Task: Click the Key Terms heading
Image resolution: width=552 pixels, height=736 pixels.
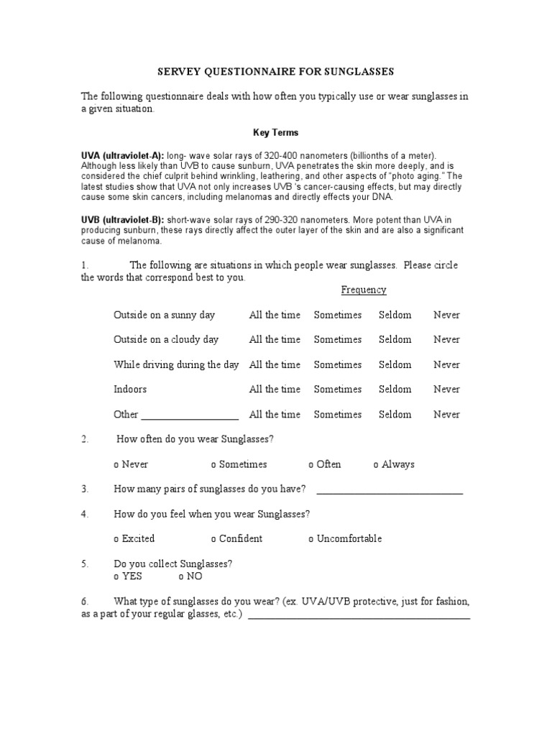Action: tap(275, 133)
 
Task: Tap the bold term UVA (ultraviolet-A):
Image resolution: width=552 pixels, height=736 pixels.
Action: tap(122, 155)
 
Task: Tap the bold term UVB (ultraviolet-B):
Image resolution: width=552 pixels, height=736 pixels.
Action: tap(122, 219)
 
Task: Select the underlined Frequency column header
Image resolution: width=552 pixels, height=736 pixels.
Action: tap(363, 290)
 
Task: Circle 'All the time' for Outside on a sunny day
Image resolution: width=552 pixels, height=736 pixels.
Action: tap(275, 315)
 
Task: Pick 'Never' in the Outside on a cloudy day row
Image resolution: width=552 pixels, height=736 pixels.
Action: tap(446, 339)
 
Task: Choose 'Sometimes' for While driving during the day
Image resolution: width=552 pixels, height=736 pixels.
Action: tap(338, 364)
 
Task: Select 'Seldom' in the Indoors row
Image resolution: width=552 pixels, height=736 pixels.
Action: tap(395, 389)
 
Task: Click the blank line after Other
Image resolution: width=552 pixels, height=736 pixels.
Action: tap(190, 416)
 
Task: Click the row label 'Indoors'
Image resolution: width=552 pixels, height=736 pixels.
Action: tap(130, 389)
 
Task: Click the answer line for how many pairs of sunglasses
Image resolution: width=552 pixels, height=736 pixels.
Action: tap(389, 492)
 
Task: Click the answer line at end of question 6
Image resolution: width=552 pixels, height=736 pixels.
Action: tap(359, 617)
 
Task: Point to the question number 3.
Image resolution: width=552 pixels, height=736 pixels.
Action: tap(85, 489)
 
